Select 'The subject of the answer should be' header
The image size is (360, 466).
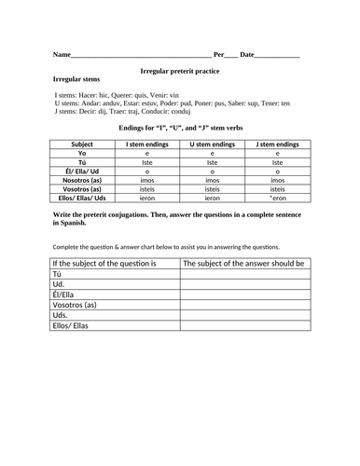point(243,264)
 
